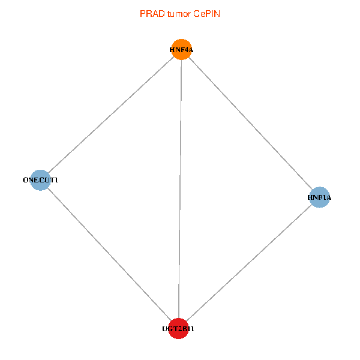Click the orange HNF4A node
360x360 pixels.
(x=181, y=49)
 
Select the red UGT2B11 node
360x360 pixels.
(x=178, y=329)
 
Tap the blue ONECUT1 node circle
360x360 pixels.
(x=40, y=179)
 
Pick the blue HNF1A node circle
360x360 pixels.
(x=319, y=197)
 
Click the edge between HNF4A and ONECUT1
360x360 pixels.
(x=110, y=114)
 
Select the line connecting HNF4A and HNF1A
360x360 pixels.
(x=250, y=123)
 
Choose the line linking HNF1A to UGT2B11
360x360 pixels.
(x=249, y=263)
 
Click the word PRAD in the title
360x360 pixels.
(x=151, y=13)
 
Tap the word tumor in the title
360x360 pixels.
(x=177, y=13)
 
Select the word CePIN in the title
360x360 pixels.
(x=206, y=13)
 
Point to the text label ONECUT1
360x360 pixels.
(x=40, y=180)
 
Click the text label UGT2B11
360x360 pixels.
(x=178, y=329)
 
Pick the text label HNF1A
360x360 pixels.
(x=319, y=197)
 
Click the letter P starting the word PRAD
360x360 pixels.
(x=142, y=13)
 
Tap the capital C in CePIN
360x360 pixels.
(x=196, y=13)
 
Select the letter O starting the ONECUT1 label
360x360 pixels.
(x=25, y=180)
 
